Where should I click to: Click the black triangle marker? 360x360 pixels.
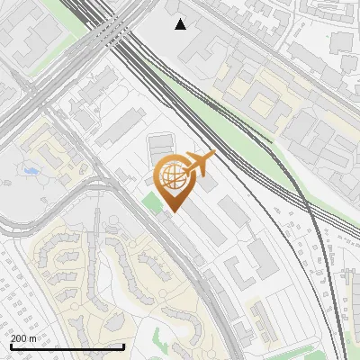(181, 24)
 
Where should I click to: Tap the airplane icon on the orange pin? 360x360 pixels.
(195, 164)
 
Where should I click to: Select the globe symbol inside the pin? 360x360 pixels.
(172, 177)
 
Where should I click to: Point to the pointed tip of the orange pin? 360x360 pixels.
(172, 211)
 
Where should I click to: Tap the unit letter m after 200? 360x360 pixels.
(34, 338)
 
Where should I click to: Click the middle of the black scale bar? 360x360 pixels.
(67, 346)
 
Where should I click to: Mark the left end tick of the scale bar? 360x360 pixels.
(11, 346)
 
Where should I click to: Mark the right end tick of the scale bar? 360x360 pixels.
(123, 346)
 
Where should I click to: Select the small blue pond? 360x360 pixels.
(31, 169)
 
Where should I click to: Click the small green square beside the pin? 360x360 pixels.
(150, 199)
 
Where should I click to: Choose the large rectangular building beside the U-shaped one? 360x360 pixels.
(264, 257)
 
